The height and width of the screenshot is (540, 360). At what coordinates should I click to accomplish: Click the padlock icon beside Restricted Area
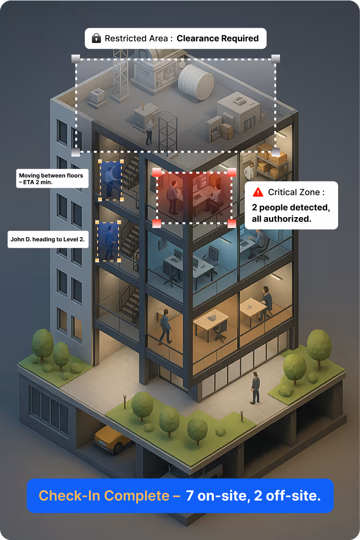coord(96,38)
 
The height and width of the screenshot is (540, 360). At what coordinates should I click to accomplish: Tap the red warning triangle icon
coord(258,192)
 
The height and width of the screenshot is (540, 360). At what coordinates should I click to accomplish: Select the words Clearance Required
coord(218,38)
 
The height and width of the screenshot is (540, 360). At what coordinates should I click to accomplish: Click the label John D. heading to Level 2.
coord(47,240)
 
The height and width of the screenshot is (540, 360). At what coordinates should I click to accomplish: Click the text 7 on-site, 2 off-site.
coord(253,495)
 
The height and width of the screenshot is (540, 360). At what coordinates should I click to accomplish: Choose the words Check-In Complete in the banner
coord(104,495)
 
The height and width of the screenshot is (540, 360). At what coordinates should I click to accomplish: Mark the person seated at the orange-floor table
coord(266,300)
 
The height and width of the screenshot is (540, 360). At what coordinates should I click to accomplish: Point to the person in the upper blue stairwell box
coord(110,180)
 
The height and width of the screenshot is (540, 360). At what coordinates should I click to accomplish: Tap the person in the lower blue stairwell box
coord(110,240)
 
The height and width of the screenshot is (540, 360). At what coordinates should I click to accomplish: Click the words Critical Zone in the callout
coord(296,192)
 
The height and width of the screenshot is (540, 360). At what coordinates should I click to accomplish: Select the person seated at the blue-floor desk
coord(259,242)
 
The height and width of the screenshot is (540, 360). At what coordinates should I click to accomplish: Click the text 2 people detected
coord(290,208)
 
